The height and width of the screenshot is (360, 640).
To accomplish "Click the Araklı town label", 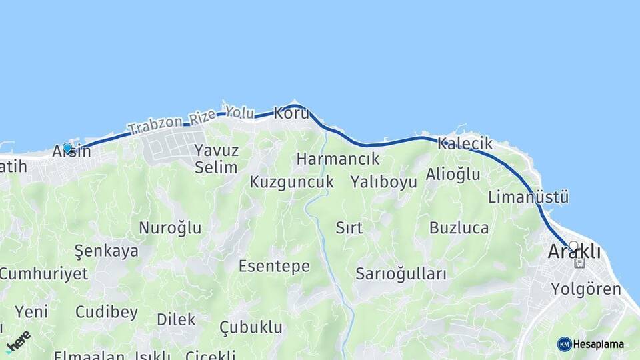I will coord(573,253).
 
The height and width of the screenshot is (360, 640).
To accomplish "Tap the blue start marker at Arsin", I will coord(67,148).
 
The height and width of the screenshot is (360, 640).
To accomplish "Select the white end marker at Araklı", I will coord(573,246).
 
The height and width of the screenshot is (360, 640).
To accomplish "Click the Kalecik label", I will coord(465,143).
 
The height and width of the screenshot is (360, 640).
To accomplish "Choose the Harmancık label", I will coord(338,159).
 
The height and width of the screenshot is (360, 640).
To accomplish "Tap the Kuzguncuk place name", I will coord(292,182).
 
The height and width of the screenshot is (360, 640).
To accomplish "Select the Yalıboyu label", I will coord(383,182).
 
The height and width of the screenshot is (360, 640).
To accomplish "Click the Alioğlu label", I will coord(453,175).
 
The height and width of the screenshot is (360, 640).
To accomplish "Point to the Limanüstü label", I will coord(528,197).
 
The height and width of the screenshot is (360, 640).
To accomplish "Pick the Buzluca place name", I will coord(459,228).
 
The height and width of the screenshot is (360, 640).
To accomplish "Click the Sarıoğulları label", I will coord(401,273).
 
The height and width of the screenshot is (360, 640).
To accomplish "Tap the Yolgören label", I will coord(586,289).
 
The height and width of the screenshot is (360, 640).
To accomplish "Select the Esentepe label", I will coord(274,267).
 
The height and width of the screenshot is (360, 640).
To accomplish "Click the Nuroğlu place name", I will coord(170,228).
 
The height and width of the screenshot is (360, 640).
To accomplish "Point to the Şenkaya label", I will coord(107,251).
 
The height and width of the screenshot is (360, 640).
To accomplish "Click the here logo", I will coord(19,341).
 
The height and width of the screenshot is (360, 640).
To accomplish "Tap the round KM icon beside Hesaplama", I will coord(565,344).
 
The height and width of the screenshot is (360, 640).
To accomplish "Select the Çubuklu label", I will coord(251,327).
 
